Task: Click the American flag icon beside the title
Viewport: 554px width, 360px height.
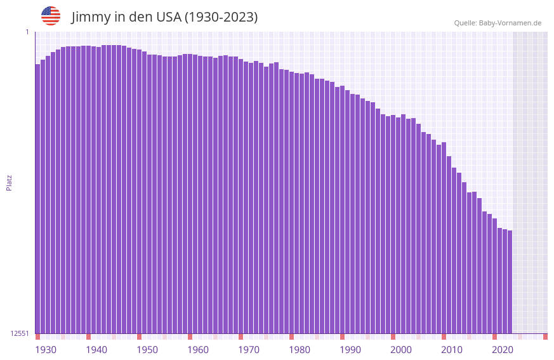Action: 51,16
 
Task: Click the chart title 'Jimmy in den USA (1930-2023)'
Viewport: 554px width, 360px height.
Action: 164,17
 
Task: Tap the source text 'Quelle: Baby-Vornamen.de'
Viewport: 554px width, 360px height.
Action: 498,23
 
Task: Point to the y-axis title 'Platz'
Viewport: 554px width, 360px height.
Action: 9,182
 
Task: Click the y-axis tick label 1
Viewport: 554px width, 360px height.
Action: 27,32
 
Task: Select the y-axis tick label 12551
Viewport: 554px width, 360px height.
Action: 20,333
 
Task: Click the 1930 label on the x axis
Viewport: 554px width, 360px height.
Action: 46,350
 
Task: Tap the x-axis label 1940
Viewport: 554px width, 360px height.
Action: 96,350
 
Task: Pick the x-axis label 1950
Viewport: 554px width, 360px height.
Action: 147,350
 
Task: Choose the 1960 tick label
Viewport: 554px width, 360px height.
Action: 198,350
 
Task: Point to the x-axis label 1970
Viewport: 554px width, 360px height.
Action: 249,350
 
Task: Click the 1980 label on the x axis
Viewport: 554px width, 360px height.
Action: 300,350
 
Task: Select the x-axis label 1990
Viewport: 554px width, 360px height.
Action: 350,350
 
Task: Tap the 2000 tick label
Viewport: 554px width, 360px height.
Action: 401,350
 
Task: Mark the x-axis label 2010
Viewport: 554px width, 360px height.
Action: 452,350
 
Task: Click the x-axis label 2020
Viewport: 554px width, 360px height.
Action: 503,350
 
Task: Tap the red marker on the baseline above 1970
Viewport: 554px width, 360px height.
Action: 241,336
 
